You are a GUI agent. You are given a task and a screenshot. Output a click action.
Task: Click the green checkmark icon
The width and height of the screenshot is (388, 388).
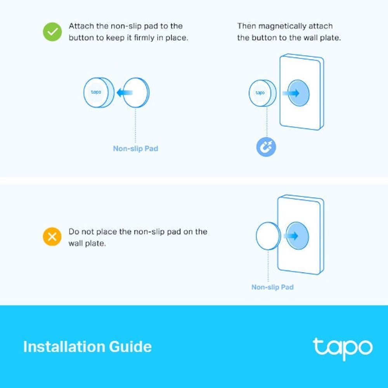click(52, 32)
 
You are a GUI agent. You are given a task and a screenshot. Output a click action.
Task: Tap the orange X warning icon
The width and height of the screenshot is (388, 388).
click(52, 237)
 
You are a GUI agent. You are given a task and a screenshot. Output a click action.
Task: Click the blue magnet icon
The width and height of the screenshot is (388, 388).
click(266, 147)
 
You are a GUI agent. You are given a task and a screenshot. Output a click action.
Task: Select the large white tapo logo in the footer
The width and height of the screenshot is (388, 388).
click(343, 348)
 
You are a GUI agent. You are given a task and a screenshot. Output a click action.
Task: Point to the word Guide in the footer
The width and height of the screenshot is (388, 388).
click(131, 346)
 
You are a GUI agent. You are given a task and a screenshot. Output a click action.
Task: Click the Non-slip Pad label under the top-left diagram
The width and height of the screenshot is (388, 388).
click(135, 149)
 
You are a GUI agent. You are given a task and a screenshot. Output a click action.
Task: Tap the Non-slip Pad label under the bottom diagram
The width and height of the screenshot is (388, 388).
click(272, 287)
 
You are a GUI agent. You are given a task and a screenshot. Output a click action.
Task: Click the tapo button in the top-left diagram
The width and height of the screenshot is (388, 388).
click(97, 92)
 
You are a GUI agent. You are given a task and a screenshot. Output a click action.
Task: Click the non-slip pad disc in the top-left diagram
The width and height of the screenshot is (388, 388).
click(137, 92)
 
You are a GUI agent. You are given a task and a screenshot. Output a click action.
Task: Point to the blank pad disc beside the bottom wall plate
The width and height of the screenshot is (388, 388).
click(267, 236)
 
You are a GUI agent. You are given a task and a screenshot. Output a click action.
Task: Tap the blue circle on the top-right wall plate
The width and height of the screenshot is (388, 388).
click(299, 93)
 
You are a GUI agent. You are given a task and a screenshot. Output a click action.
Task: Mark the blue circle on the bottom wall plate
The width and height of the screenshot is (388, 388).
click(298, 236)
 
